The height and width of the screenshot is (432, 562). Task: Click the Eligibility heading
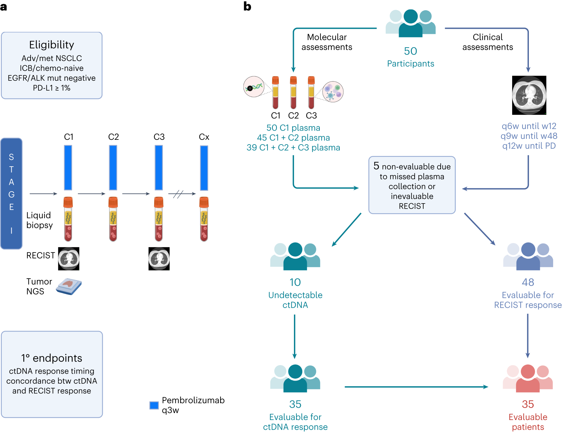click(x=52, y=45)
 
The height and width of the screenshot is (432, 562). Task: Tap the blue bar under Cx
click(x=204, y=168)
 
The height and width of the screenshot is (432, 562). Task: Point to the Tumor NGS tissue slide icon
click(x=69, y=287)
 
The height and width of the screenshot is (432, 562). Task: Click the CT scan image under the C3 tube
click(x=159, y=259)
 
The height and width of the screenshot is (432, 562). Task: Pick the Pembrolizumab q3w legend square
click(x=154, y=405)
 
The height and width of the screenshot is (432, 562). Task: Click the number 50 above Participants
click(x=410, y=51)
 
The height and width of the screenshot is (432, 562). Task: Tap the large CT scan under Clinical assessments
click(x=529, y=95)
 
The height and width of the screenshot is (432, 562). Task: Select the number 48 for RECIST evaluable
click(x=528, y=282)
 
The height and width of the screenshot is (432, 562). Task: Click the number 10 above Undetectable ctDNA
click(x=295, y=282)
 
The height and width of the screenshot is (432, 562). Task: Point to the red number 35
click(x=528, y=404)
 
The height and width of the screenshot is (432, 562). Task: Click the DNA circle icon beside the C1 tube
click(x=254, y=86)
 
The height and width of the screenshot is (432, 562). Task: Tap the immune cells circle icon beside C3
click(x=333, y=92)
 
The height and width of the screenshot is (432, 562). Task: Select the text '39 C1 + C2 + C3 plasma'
click(x=293, y=148)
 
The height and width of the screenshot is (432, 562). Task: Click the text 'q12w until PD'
click(x=529, y=146)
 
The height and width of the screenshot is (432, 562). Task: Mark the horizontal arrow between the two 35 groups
click(x=416, y=387)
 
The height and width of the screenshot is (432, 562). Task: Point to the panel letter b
click(x=247, y=6)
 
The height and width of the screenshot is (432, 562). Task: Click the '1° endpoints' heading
click(x=52, y=358)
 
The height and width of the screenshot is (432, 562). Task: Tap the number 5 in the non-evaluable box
click(x=376, y=166)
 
